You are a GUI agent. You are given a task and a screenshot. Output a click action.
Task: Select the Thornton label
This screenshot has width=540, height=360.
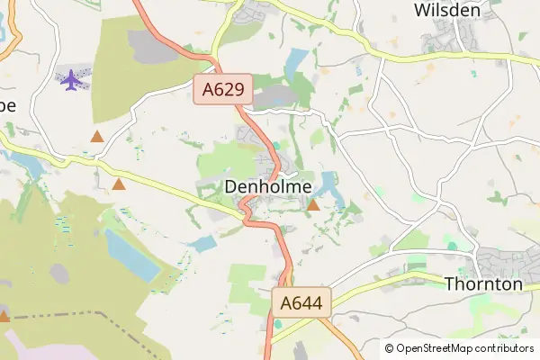click(x=483, y=283)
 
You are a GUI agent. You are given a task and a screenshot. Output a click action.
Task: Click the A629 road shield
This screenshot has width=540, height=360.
click(x=222, y=90)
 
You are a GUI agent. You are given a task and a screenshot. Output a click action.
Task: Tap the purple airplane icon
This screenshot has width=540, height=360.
click(x=70, y=79)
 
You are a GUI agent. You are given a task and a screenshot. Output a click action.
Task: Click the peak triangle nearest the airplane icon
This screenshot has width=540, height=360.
click(x=97, y=137)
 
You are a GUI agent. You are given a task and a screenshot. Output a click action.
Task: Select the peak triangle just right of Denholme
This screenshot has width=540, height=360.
click(x=313, y=206)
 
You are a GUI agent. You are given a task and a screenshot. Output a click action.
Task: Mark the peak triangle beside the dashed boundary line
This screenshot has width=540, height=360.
click(x=4, y=316)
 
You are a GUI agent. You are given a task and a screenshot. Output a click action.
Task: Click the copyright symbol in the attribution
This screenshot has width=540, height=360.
click(x=389, y=348)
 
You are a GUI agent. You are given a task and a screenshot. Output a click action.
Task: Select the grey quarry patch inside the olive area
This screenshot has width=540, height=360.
click(x=59, y=274)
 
